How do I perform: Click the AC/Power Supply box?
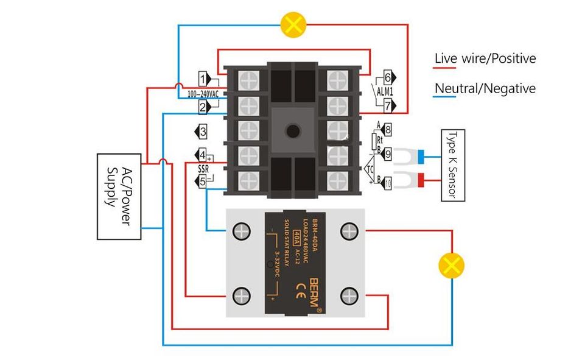[x=119, y=196]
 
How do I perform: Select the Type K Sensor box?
[x=452, y=164]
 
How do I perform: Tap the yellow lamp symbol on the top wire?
[x=293, y=25]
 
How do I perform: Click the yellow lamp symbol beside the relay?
[x=452, y=266]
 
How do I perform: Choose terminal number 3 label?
[x=203, y=131]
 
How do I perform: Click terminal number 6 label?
[x=387, y=77]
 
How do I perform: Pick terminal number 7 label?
[x=387, y=105]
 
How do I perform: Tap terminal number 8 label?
[x=387, y=129]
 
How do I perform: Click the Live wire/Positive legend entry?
[x=485, y=59]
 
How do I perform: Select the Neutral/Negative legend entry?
[x=485, y=88]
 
